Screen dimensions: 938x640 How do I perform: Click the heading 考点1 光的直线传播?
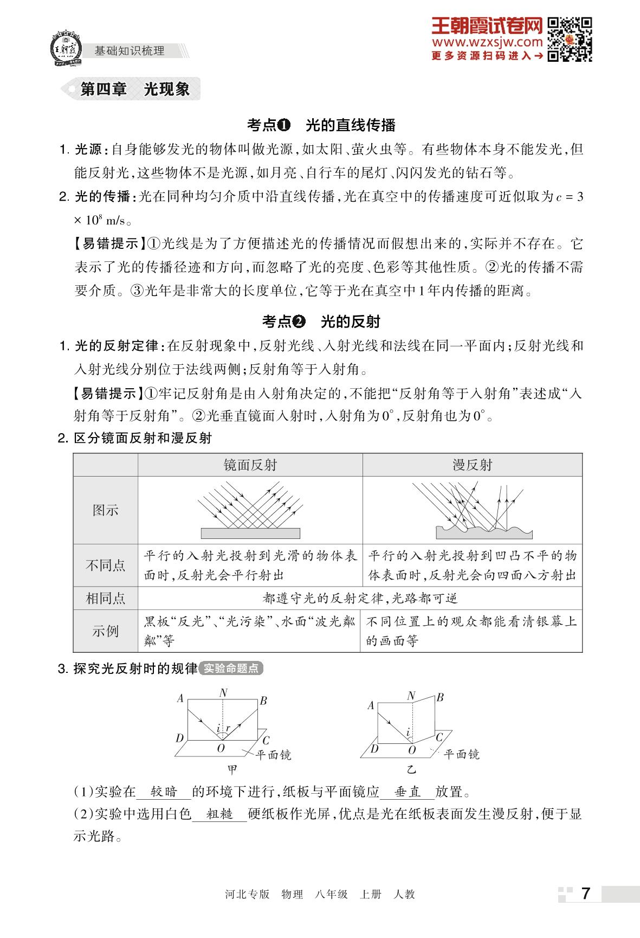point(321,125)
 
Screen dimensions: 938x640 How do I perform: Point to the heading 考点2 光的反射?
point(321,322)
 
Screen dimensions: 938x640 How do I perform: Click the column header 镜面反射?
point(250,465)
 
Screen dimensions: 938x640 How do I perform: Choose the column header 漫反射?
point(472,465)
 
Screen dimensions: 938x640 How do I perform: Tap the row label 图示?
point(105,510)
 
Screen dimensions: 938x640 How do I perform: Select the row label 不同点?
point(105,565)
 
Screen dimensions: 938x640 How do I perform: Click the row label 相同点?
point(105,598)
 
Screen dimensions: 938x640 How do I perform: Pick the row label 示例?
point(105,631)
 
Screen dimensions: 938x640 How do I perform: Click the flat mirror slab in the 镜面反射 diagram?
point(250,533)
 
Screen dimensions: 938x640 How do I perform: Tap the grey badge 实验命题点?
point(231,669)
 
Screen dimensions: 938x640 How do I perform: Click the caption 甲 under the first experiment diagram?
point(232,769)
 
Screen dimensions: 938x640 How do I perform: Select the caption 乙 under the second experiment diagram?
point(411,769)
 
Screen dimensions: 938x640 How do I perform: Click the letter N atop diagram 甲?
point(223,692)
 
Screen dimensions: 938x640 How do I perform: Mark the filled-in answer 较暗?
point(164,792)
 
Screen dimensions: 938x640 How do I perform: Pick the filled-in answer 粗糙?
point(219,814)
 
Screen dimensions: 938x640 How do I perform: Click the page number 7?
point(585,894)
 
